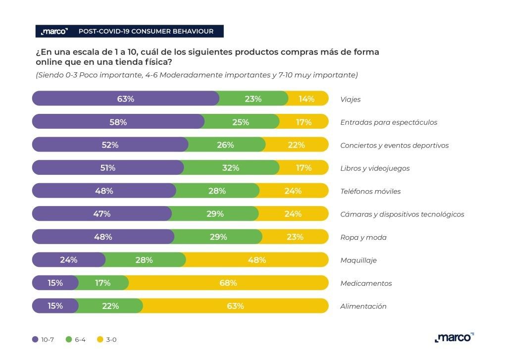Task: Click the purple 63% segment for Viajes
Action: (126, 99)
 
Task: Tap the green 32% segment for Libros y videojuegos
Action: (231, 168)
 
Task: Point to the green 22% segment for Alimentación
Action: (110, 306)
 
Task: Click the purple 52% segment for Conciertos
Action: (110, 145)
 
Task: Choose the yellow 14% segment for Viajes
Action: (307, 99)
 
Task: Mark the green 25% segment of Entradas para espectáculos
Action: (241, 122)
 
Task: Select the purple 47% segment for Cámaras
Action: (102, 214)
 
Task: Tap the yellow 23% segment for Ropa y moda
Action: (295, 237)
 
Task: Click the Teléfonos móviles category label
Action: (370, 191)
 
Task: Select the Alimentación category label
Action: (363, 306)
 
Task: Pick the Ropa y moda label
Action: (363, 237)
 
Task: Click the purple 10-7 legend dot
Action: (35, 340)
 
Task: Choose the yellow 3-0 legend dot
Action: (100, 340)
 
